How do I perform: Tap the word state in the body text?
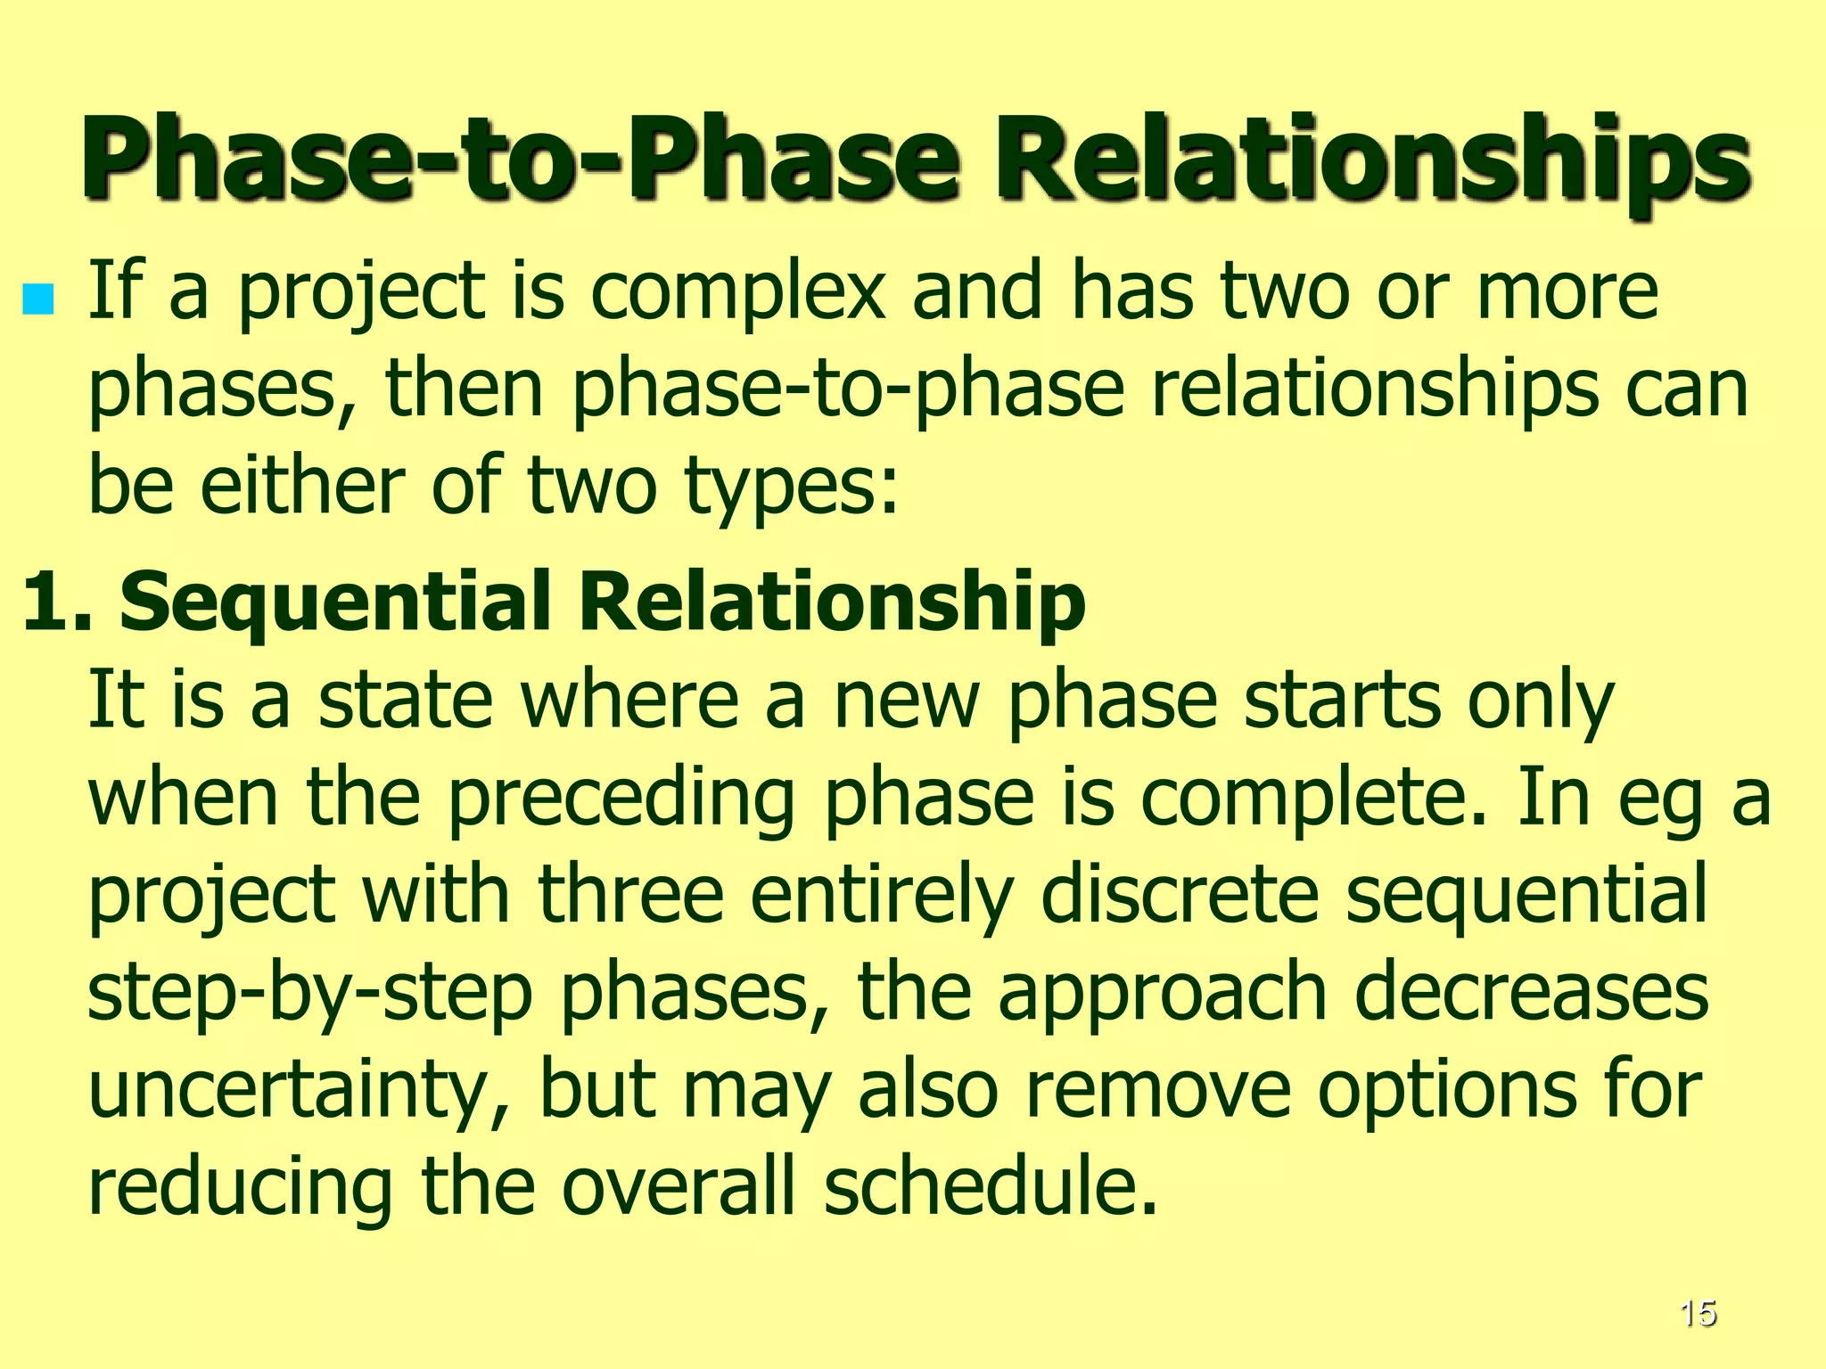(x=406, y=700)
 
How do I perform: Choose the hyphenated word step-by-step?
(x=309, y=995)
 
